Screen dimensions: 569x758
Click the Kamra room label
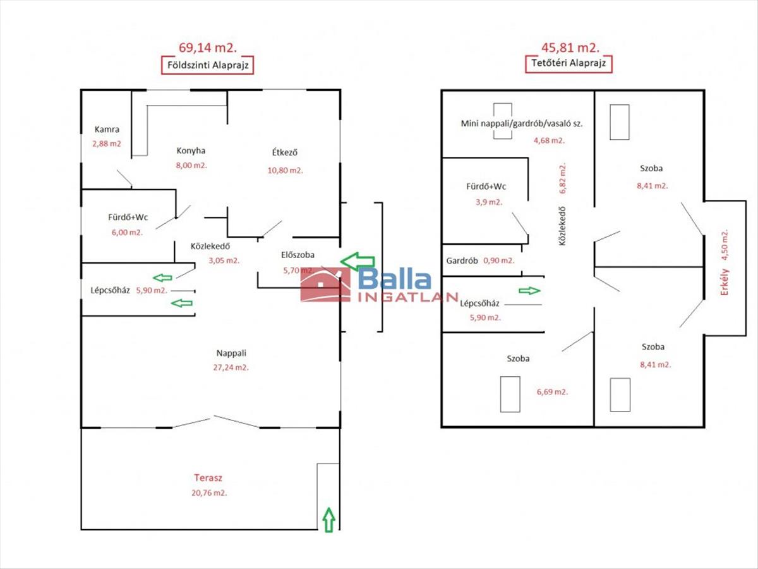pos(107,130)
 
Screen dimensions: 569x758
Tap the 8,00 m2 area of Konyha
pos(191,165)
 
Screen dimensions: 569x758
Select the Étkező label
pos(284,152)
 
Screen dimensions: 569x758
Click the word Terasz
pos(208,479)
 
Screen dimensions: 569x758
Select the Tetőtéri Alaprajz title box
pos(568,63)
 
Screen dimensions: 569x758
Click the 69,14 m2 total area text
pos(207,47)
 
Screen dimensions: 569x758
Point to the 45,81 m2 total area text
pos(569,47)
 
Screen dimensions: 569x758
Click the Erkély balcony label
pos(725,279)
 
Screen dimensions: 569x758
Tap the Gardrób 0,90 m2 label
pos(480,260)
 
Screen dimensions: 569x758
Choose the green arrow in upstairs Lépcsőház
pos(530,291)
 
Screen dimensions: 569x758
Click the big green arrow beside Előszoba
pos(357,260)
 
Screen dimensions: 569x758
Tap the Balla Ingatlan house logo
pos(325,285)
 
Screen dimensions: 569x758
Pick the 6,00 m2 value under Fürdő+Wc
pos(128,232)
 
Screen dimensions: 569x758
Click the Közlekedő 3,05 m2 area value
pos(224,260)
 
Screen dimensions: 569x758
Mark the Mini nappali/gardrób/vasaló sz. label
pos(522,123)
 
